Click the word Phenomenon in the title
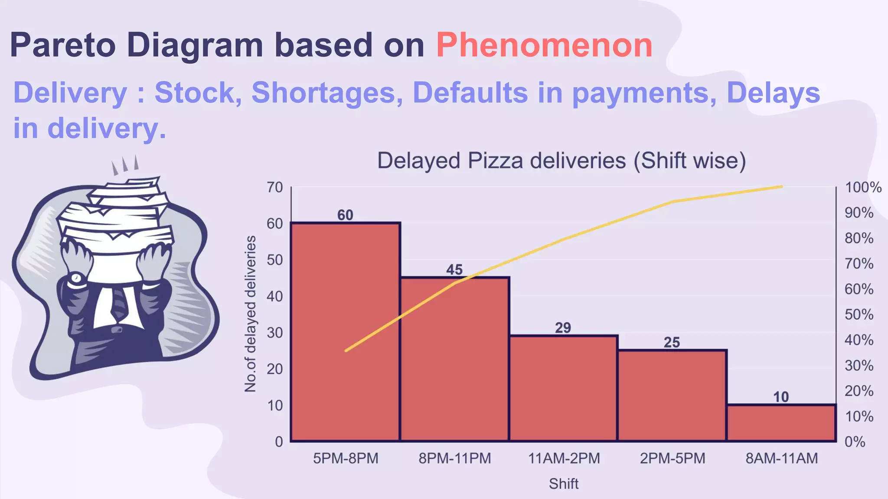click(x=544, y=45)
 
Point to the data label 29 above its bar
click(x=563, y=328)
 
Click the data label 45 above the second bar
click(x=454, y=270)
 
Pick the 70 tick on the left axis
click(x=275, y=188)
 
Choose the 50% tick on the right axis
click(x=859, y=314)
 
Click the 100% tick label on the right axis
click(x=863, y=188)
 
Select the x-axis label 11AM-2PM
click(x=564, y=458)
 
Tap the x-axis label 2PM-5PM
click(x=673, y=458)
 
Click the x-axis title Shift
click(x=563, y=484)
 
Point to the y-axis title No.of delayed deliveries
click(x=251, y=314)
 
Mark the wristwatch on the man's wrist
click(x=76, y=278)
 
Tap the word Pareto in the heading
click(x=63, y=45)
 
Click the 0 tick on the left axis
click(x=279, y=442)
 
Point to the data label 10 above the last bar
click(x=781, y=397)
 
